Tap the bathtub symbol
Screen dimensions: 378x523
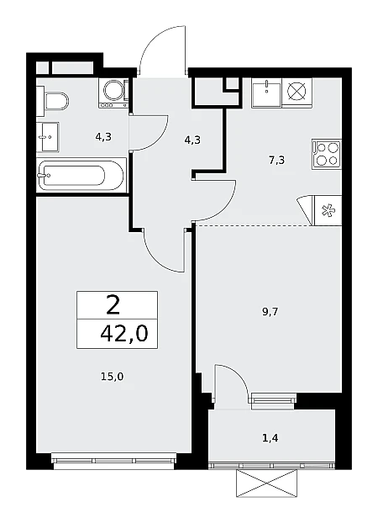click(81, 176)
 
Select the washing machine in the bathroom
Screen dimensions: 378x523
click(114, 93)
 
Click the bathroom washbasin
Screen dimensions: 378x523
click(48, 137)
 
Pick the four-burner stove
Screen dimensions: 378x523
click(327, 155)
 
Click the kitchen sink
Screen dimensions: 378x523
click(266, 92)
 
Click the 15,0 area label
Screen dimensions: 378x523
click(112, 377)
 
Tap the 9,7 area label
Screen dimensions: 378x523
click(270, 312)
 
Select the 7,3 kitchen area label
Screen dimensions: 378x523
click(276, 161)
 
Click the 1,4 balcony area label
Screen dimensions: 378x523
click(270, 438)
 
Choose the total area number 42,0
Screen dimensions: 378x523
click(123, 334)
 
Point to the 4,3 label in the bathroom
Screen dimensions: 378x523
click(103, 137)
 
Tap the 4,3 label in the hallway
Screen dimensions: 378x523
click(192, 140)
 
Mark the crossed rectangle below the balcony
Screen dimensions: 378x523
click(266, 483)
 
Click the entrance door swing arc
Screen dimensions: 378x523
click(156, 36)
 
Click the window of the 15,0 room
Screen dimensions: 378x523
click(114, 461)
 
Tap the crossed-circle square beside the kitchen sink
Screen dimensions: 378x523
click(297, 92)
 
